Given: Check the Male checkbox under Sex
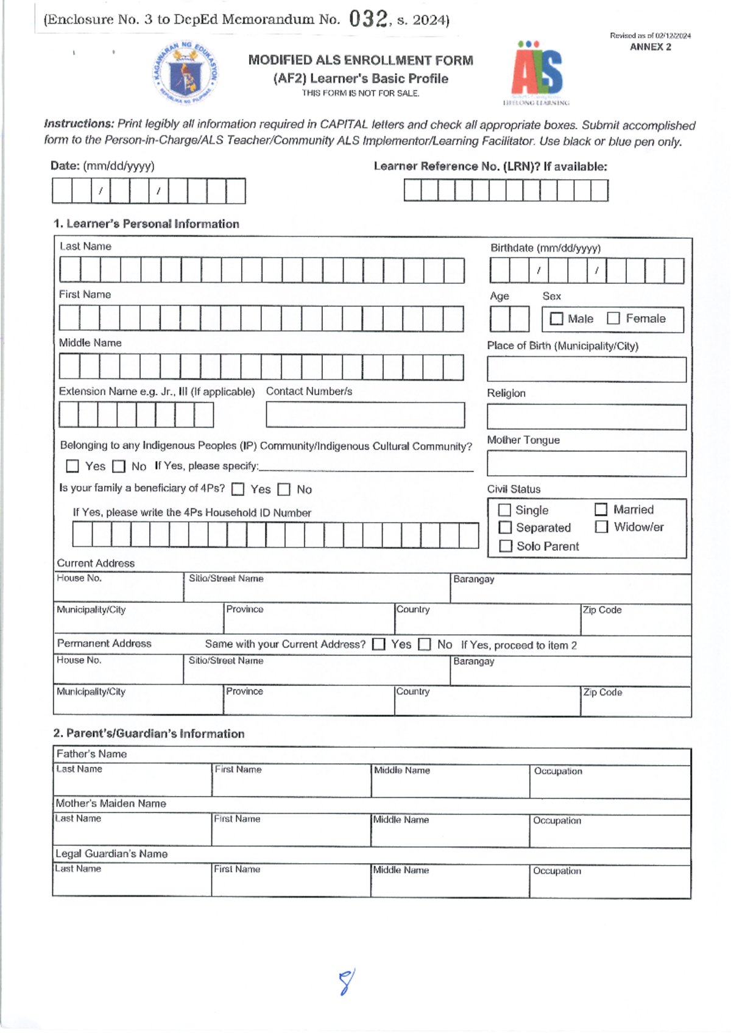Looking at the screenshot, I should (556, 319).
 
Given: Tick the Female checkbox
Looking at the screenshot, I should (613, 318).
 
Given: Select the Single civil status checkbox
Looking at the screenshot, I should (504, 510).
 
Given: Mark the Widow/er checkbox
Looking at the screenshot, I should (601, 527).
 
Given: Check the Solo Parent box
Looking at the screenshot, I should (505, 546).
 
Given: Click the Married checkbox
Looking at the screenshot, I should (601, 509).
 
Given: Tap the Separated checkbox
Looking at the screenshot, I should (504, 527).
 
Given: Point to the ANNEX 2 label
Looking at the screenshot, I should (650, 47).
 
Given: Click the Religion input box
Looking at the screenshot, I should (586, 417).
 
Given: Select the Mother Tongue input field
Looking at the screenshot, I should (586, 464).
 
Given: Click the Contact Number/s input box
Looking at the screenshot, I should (365, 415).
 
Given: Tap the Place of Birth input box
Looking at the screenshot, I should (586, 370).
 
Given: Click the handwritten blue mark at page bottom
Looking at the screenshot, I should (346, 982).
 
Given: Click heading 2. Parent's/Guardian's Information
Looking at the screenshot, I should (149, 733).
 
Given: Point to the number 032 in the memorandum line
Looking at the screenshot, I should (368, 19).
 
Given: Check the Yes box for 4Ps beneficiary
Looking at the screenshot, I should (238, 489).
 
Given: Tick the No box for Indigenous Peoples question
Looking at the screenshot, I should (119, 467).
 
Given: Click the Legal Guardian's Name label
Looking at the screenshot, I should (111, 853).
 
